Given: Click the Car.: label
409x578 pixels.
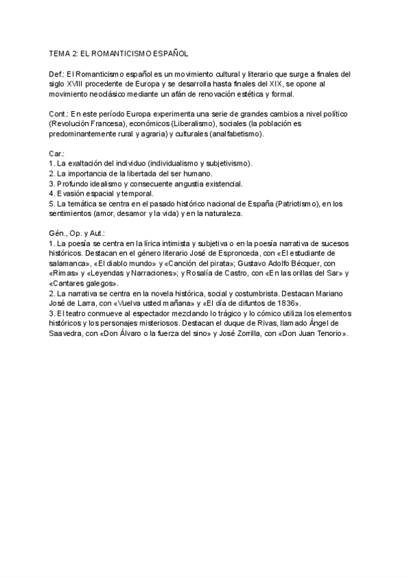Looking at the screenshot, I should pyautogui.click(x=57, y=155).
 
